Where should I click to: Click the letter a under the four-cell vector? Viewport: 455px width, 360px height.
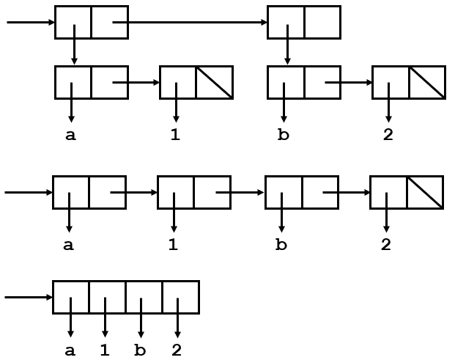click(x=70, y=350)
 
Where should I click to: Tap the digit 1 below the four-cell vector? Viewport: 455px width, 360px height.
click(x=105, y=350)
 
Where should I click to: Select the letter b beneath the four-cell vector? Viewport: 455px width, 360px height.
click(x=140, y=350)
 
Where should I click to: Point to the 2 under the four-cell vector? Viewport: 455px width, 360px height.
click(x=176, y=350)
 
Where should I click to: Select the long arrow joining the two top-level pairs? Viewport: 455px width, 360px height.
click(x=190, y=23)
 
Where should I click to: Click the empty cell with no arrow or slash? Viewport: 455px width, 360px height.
click(x=322, y=23)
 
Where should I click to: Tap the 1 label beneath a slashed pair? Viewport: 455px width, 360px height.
click(x=175, y=135)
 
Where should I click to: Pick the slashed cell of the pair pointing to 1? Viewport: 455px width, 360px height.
click(x=214, y=82)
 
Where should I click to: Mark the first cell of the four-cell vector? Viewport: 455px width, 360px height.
click(x=71, y=298)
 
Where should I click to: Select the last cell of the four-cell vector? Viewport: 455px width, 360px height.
click(x=180, y=298)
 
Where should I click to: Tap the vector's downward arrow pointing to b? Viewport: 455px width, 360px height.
click(x=140, y=319)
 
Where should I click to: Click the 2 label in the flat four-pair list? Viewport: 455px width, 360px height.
click(x=386, y=245)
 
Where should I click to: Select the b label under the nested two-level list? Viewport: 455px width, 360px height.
click(x=284, y=135)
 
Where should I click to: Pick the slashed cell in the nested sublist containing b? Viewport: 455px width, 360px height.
click(x=427, y=82)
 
